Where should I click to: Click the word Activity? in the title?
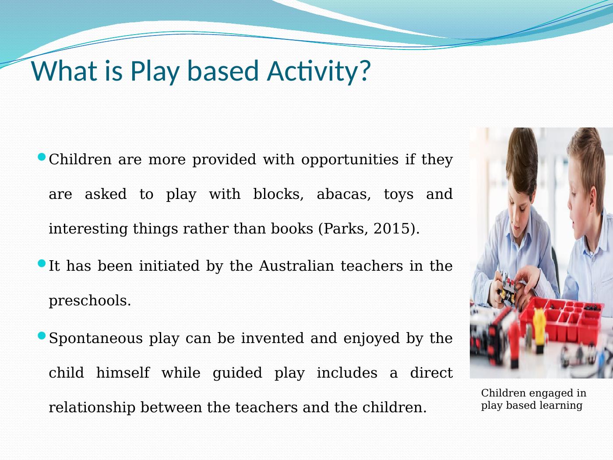click(x=319, y=71)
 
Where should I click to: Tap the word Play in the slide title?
click(x=155, y=71)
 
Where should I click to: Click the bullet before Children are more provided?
click(x=41, y=157)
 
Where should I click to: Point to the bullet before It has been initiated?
click(x=41, y=263)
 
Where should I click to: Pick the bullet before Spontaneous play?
click(x=41, y=336)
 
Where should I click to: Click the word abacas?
click(x=344, y=194)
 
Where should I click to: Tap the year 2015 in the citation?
click(x=391, y=229)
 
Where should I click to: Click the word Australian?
click(x=296, y=265)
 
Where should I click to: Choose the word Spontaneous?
click(x=96, y=339)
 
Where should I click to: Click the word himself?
click(x=123, y=373)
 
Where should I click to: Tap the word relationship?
click(x=92, y=408)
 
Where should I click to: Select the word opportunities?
click(x=350, y=160)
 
